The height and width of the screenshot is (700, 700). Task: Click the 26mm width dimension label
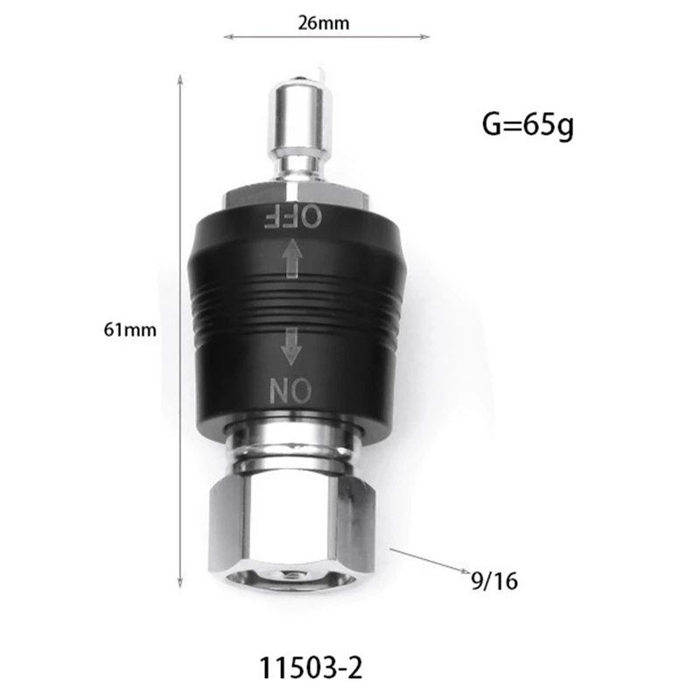tap(324, 24)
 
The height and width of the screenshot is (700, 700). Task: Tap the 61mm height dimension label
tap(129, 330)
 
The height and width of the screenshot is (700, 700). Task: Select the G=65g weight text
tap(528, 125)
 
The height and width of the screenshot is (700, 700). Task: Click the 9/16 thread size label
tap(494, 581)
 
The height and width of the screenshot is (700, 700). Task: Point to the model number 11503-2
tap(311, 668)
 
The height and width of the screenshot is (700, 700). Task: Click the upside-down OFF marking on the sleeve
tap(293, 217)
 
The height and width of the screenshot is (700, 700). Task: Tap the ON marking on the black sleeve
tap(290, 389)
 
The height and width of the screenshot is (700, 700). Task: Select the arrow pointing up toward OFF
tap(292, 258)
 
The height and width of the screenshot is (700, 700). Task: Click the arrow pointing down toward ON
tap(291, 346)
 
